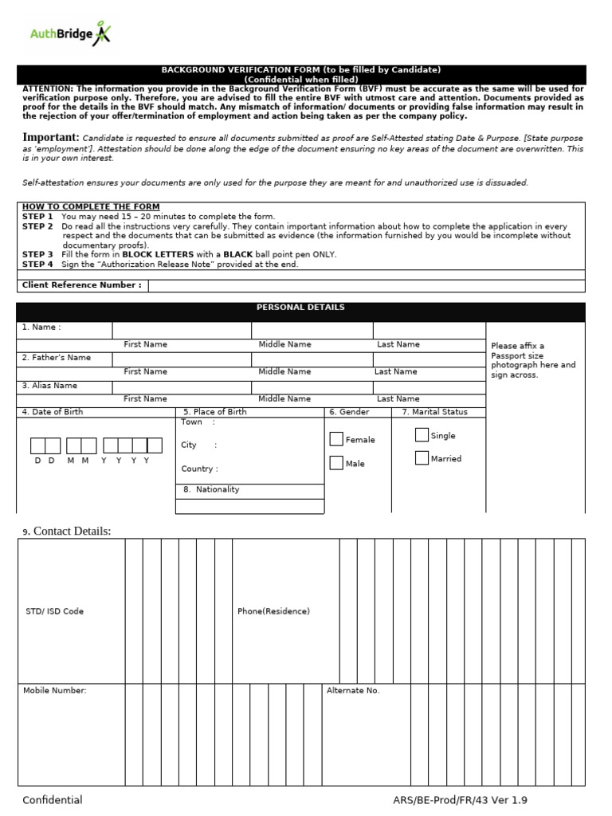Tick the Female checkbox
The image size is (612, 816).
(337, 439)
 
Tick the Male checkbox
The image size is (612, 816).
(337, 463)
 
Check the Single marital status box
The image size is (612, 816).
(422, 435)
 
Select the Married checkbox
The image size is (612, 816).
(422, 458)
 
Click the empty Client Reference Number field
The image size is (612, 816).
(367, 285)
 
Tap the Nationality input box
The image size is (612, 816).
(249, 506)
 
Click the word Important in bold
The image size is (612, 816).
(51, 137)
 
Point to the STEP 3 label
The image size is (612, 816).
(37, 255)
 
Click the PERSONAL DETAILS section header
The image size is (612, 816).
(300, 308)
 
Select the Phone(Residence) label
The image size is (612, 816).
(273, 611)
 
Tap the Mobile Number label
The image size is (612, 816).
(55, 691)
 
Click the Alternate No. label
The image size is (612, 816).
(353, 691)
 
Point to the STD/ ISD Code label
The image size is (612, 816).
(54, 611)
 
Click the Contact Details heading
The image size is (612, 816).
(72, 532)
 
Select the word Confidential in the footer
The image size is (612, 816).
(53, 800)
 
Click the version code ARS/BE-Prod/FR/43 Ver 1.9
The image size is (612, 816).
(460, 800)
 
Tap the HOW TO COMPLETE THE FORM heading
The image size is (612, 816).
(91, 207)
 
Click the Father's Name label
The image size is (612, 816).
(57, 358)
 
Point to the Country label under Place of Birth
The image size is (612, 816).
(198, 469)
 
